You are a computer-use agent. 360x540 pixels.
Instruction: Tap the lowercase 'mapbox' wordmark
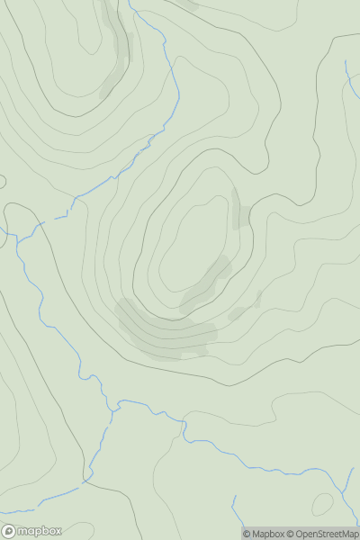pyautogui.click(x=38, y=531)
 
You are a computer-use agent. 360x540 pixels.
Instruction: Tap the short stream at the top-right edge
pyautogui.click(x=349, y=76)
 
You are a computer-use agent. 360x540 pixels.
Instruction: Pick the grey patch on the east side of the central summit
pyautogui.click(x=240, y=210)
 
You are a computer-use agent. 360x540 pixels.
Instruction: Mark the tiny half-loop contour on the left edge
pyautogui.click(x=3, y=181)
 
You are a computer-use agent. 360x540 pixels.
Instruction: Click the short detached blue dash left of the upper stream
pyautogui.click(x=60, y=216)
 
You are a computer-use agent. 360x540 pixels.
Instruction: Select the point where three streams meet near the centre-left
pyautogui.click(x=114, y=409)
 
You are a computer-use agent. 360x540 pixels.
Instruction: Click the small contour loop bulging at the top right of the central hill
pyautogui.click(x=252, y=157)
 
